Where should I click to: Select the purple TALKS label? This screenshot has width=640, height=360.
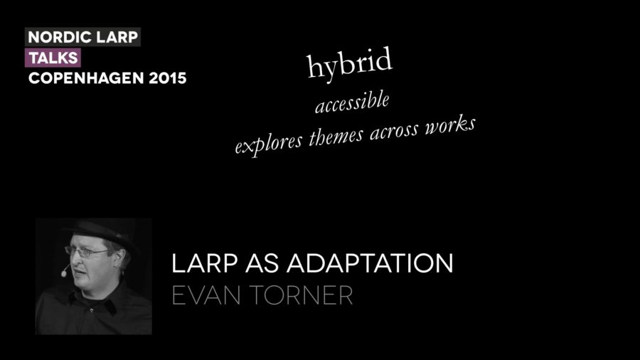(53, 58)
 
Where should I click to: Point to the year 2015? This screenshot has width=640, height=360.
(167, 78)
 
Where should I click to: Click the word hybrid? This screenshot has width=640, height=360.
(349, 63)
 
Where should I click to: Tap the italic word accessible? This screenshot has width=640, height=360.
(352, 102)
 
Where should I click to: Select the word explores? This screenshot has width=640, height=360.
(268, 144)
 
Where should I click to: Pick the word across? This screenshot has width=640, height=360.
(394, 131)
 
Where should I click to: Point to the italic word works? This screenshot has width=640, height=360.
(450, 124)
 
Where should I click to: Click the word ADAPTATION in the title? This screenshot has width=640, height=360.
(370, 263)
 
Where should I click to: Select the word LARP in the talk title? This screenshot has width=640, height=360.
(204, 263)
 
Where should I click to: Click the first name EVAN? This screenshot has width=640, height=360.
(206, 295)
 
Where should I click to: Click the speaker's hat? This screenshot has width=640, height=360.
(98, 231)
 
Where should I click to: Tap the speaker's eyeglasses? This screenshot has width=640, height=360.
(87, 251)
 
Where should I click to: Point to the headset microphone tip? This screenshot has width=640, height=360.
(64, 274)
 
